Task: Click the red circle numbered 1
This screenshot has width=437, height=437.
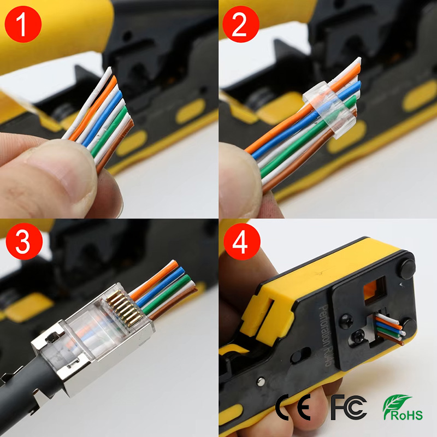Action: [23, 24]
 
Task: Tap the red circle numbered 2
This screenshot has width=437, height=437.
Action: [241, 24]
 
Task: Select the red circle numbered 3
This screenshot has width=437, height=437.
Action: [24, 241]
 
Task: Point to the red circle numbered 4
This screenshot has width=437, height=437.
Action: [242, 241]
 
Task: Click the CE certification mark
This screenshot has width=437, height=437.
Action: [293, 407]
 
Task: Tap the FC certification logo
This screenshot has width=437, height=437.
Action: [349, 407]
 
